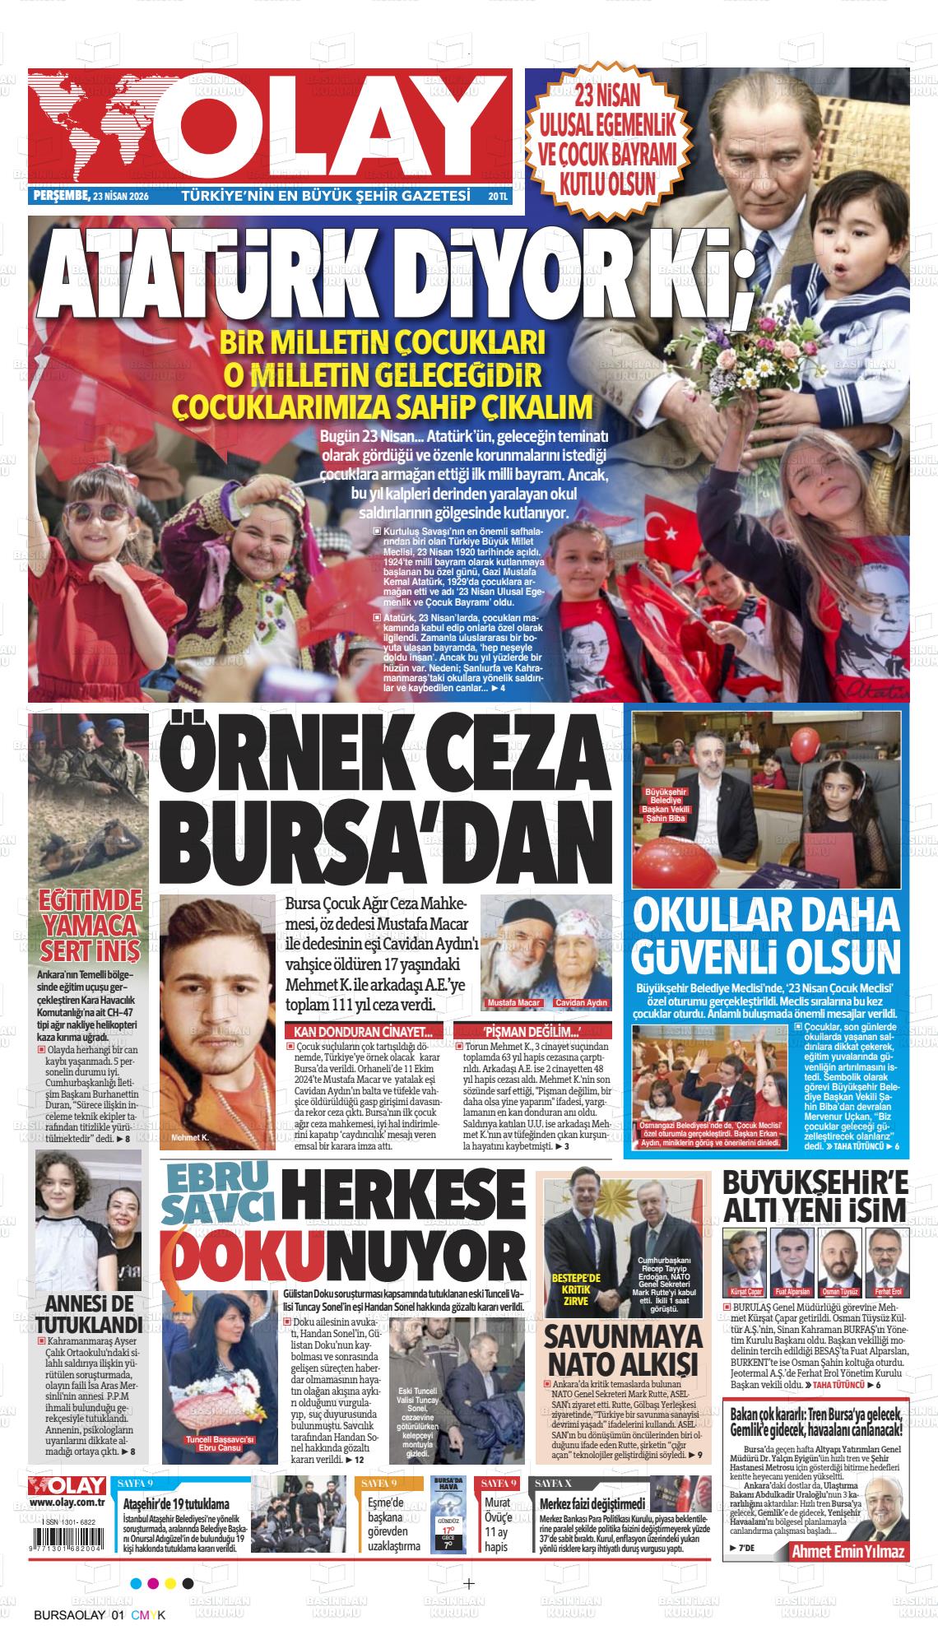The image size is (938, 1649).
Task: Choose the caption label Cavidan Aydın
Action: point(581,1003)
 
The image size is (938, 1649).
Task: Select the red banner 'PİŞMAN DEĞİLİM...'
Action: point(532,1032)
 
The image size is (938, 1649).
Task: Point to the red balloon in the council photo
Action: point(803,745)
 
